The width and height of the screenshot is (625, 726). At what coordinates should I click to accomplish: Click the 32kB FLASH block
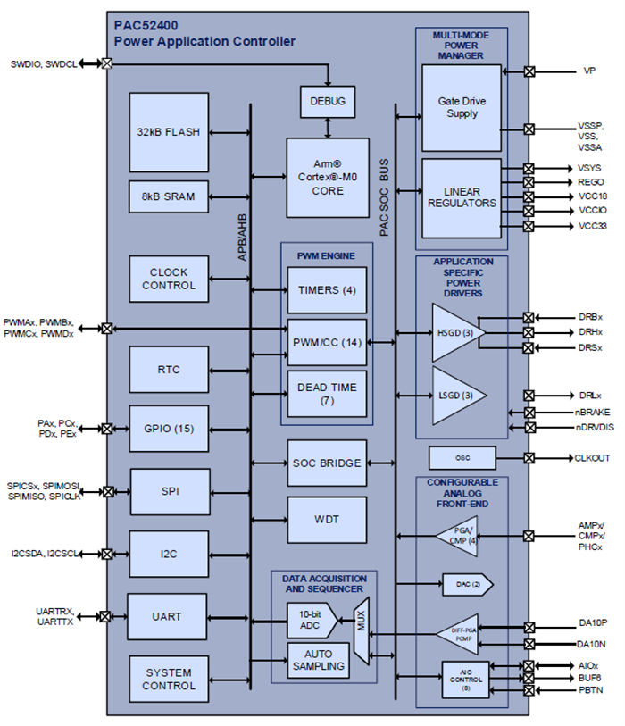(x=169, y=131)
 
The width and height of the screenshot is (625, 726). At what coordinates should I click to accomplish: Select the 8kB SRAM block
(x=169, y=196)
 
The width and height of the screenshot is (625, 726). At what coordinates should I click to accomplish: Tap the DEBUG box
(x=328, y=101)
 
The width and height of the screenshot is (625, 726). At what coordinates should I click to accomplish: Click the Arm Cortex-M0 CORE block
(x=328, y=178)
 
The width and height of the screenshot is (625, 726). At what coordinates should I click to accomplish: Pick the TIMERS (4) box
(x=327, y=290)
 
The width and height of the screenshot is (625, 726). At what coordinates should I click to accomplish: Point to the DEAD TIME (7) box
(x=327, y=394)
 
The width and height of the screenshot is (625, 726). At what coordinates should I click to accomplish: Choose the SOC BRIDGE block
(x=327, y=463)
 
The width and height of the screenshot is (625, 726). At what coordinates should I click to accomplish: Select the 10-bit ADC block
(x=310, y=619)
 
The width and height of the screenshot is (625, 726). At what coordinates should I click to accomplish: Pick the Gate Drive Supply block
(x=462, y=107)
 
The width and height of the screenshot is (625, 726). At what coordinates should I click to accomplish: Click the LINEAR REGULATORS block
(x=462, y=196)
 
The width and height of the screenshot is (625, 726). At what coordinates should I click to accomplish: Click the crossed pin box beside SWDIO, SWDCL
(x=107, y=63)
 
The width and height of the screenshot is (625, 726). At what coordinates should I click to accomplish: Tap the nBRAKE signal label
(x=593, y=413)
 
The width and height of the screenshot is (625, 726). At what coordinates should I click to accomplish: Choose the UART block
(x=167, y=616)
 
